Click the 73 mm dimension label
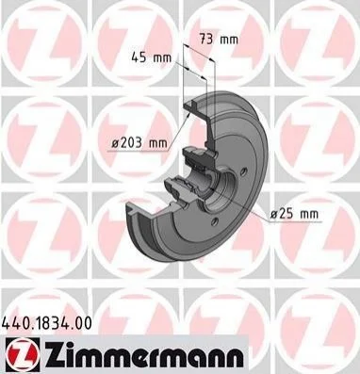coord(219,40)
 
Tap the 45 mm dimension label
coord(152,57)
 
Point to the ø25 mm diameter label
coord(294,214)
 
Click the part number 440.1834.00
coord(47,323)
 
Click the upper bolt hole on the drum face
coord(243,171)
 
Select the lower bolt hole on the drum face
coord(215,221)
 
